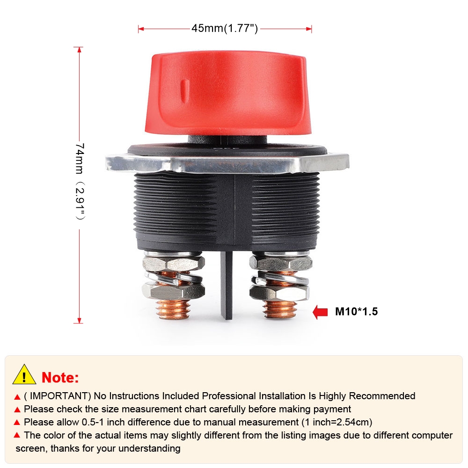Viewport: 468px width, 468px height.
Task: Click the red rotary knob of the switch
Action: coord(228,93)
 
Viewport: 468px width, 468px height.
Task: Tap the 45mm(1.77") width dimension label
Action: coord(225,29)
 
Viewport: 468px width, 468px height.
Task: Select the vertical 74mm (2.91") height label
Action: coord(80,181)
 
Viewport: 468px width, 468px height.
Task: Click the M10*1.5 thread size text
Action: coord(356,312)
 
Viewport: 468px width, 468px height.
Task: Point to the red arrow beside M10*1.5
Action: coord(320,312)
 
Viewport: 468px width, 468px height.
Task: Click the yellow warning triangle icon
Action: coord(24,374)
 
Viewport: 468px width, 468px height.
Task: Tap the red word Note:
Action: coord(60,378)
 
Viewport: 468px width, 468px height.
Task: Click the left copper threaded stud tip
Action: coord(174,309)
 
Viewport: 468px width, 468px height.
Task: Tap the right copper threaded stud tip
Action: coord(280,309)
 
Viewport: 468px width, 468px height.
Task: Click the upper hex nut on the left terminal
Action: coord(174,263)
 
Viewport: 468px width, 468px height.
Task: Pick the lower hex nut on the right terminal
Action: coord(279,292)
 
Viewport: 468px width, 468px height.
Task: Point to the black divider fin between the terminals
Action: coord(227,285)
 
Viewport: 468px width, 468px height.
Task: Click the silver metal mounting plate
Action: coord(227,163)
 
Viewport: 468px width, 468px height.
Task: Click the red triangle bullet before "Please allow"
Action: coord(17,422)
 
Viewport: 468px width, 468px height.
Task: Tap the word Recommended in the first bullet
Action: coord(382,396)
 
